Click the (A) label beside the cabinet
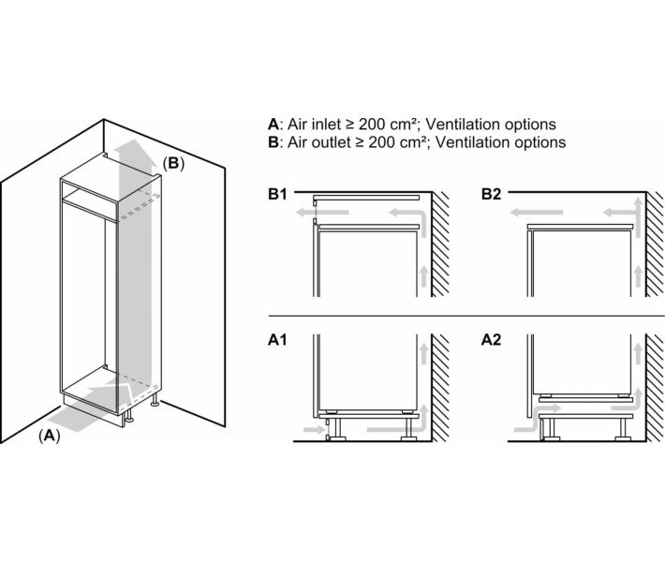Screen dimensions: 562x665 pos(48,436)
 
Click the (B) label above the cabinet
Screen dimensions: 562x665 pos(174,163)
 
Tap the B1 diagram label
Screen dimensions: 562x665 pos(277,196)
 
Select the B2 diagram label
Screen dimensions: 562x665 pos(493,196)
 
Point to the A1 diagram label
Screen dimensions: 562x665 pos(277,340)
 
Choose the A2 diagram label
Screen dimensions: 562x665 pos(493,340)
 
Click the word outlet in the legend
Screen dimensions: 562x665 pos(329,142)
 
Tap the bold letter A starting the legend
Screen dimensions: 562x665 pos(273,124)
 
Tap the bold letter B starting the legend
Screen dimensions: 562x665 pos(273,142)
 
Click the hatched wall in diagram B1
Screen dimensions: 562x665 pos(441,244)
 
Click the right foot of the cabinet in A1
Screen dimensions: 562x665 pos(408,430)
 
